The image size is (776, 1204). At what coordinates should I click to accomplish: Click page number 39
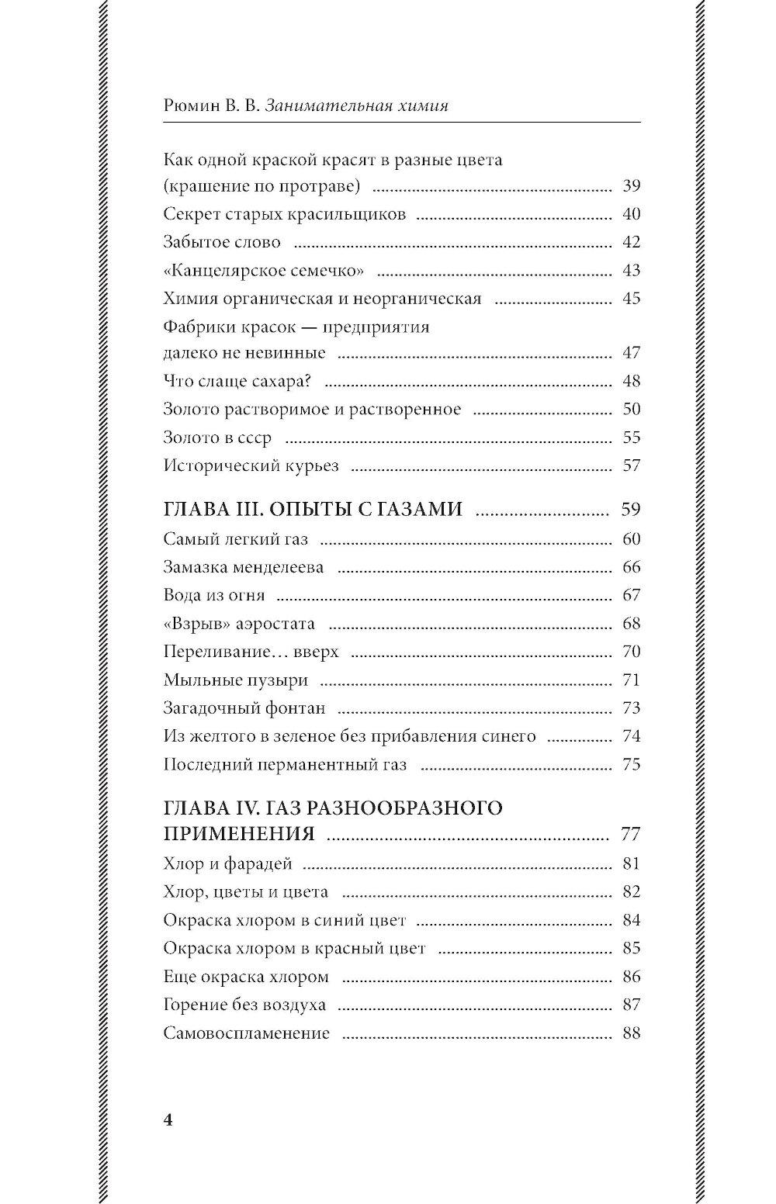[631, 186]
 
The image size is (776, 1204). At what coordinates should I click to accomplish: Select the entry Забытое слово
[222, 242]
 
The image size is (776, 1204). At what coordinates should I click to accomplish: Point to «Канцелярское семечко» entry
[265, 271]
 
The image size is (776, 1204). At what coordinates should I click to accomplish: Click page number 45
[631, 299]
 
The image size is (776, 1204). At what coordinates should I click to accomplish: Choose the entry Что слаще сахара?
[242, 382]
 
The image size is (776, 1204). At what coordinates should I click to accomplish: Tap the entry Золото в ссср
[218, 438]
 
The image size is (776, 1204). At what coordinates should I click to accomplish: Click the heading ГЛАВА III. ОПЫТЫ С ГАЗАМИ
[314, 509]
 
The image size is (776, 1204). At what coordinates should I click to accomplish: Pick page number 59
[631, 510]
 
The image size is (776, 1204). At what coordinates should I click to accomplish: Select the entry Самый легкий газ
[236, 539]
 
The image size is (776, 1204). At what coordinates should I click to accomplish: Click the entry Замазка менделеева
[244, 567]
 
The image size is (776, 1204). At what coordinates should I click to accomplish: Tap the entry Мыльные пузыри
[236, 680]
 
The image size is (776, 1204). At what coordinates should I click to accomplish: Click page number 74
[631, 736]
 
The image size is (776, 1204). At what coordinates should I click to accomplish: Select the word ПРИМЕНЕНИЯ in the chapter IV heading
[239, 834]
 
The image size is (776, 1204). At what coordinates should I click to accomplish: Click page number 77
[630, 835]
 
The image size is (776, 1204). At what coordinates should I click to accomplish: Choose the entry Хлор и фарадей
[227, 864]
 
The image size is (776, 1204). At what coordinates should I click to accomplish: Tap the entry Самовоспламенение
[247, 1033]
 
